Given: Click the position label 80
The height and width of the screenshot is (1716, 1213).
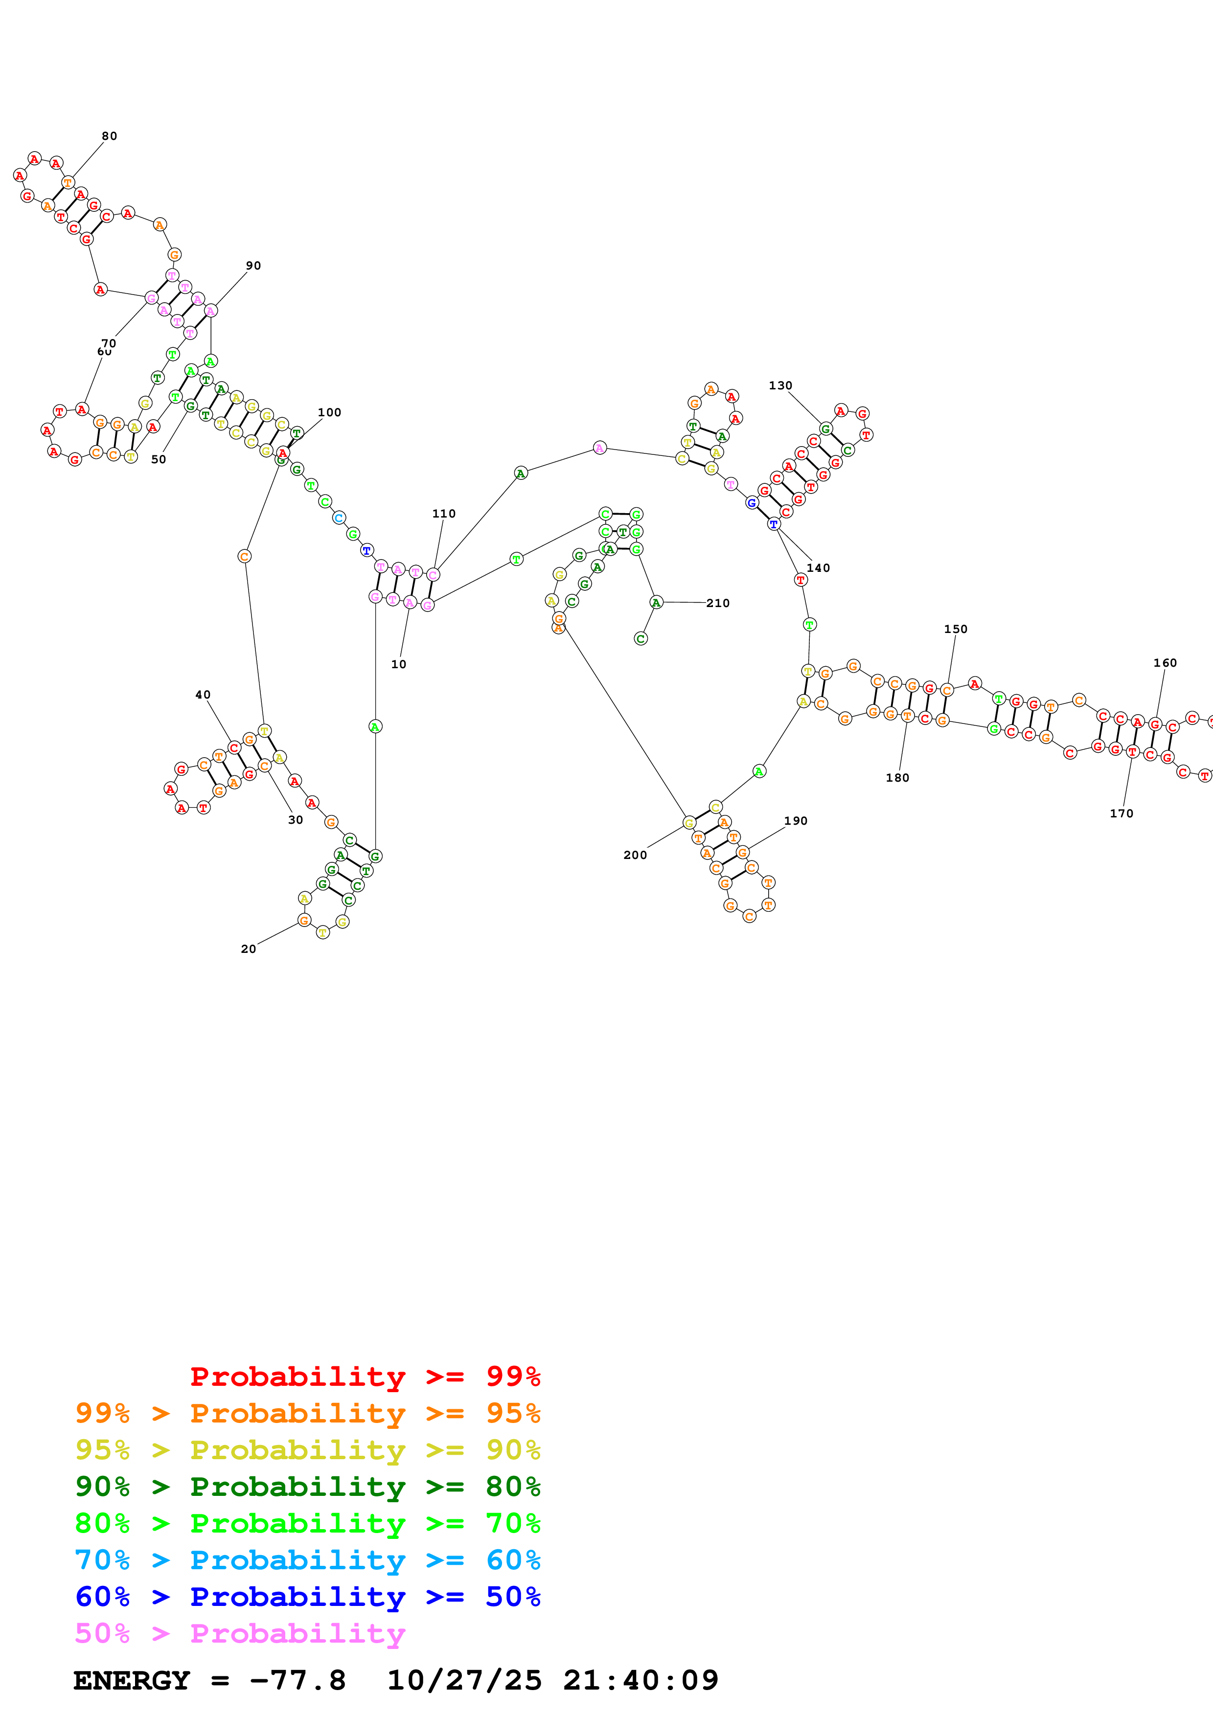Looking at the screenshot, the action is point(109,136).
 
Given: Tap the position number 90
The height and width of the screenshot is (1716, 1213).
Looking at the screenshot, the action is point(253,265).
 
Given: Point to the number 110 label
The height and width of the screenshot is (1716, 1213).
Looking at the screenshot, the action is point(443,514).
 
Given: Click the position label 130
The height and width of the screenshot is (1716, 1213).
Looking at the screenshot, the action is point(780,385).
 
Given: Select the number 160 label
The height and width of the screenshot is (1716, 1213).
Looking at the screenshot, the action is point(1165,663).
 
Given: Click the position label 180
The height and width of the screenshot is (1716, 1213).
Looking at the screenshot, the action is point(897,778).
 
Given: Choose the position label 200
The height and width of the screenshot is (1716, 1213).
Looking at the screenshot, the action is point(635,855).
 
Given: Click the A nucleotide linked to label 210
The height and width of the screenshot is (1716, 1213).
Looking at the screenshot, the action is point(656,602).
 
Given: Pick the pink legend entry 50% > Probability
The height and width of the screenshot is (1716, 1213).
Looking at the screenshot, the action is point(240,1634).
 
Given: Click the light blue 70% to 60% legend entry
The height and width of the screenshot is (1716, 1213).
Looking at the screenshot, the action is point(307,1560).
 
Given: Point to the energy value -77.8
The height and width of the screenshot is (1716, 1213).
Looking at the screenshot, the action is point(298,1681).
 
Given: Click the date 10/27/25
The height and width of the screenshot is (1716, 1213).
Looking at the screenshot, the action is point(464,1681).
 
